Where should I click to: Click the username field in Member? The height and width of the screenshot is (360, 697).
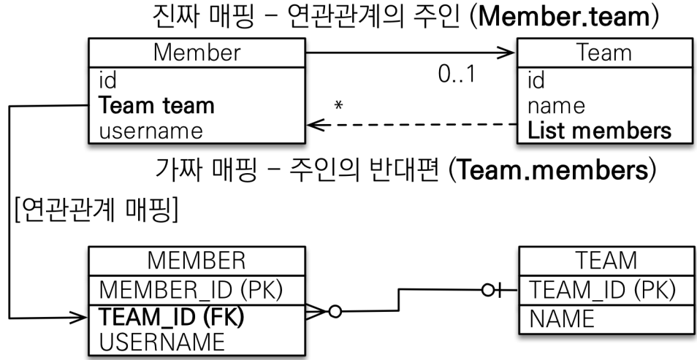(x=145, y=131)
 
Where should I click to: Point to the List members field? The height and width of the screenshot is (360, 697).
(x=598, y=131)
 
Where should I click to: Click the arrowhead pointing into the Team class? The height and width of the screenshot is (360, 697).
(x=508, y=53)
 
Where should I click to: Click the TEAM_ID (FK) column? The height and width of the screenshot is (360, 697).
(x=170, y=317)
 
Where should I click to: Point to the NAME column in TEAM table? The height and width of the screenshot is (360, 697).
(x=560, y=318)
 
